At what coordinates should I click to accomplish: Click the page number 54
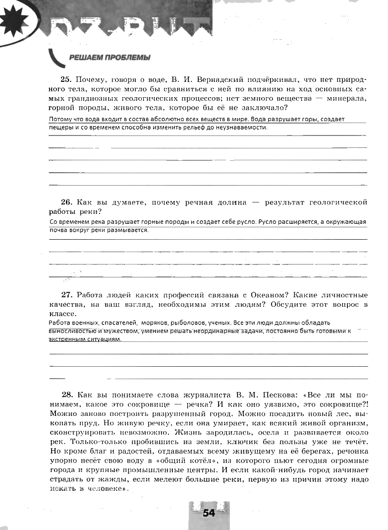pyautogui.click(x=209, y=513)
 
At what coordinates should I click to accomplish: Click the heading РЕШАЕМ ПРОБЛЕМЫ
pyautogui.click(x=110, y=58)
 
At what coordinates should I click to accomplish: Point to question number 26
pyautogui.click(x=66, y=202)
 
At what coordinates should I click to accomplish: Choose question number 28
pyautogui.click(x=66, y=395)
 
